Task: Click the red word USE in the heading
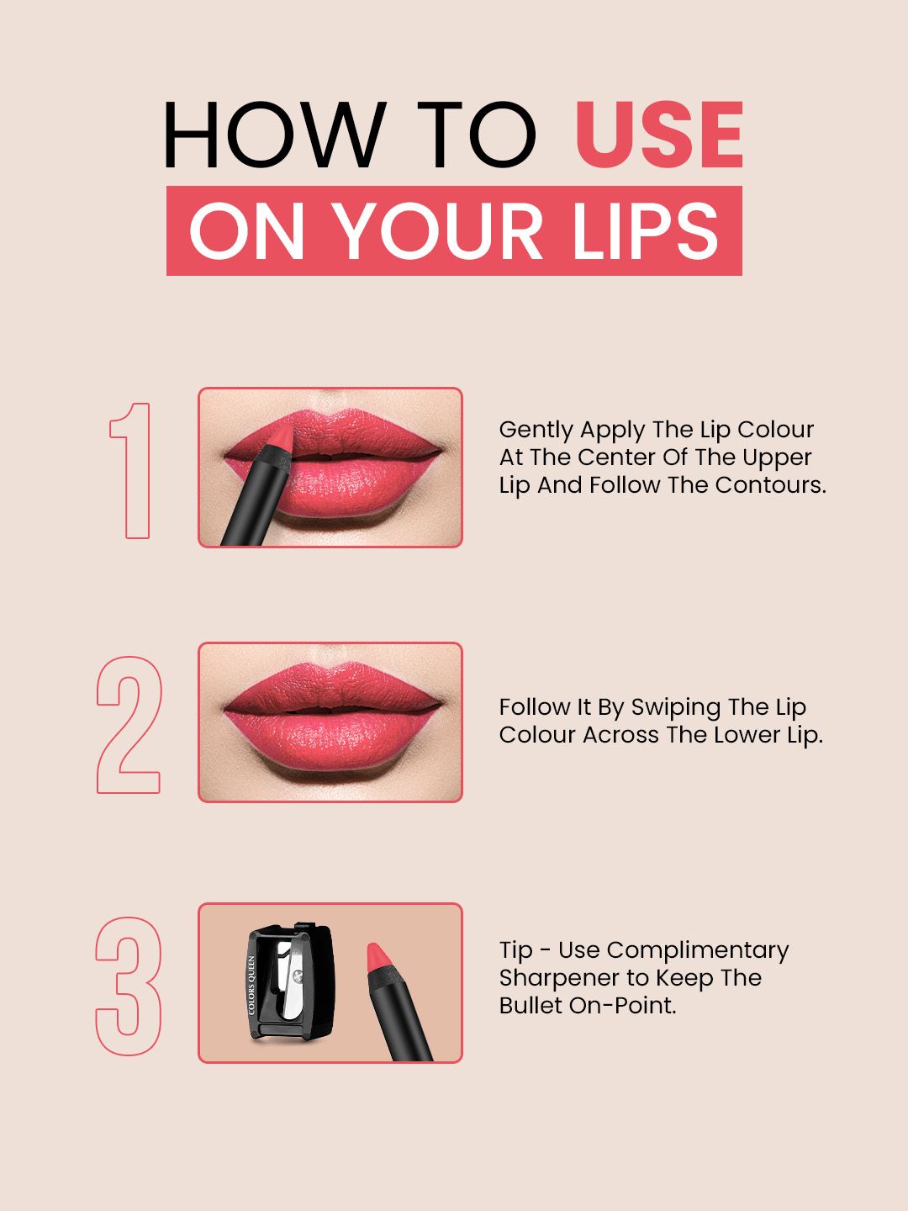[x=659, y=135]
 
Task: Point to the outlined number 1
[x=130, y=470]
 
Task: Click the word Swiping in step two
[x=676, y=708]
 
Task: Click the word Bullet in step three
[x=531, y=1006]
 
